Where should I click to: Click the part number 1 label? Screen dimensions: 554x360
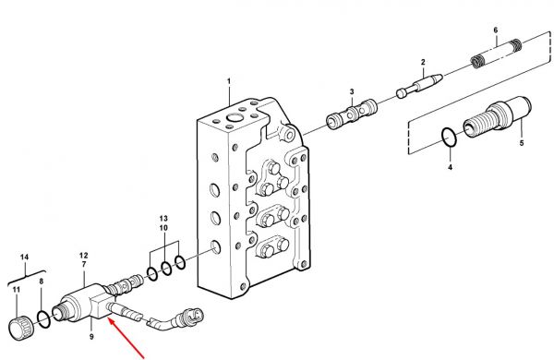coord(229,81)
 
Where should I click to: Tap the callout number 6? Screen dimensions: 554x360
coord(496,30)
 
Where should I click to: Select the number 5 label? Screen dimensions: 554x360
coord(522,143)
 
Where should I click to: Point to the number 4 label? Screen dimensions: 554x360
coord(451,167)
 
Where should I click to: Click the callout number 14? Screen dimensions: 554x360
coord(24,258)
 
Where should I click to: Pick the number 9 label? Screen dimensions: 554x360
coord(91,337)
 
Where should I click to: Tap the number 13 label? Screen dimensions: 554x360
coord(163,219)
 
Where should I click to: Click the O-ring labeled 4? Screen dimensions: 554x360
coord(449,137)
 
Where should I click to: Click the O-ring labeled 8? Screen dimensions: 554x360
coord(44,319)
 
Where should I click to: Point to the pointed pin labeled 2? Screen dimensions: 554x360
coord(419,84)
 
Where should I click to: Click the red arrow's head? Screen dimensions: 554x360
coord(111,321)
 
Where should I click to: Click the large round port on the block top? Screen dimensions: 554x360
coord(234,117)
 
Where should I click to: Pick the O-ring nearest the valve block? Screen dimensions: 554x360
coord(180,262)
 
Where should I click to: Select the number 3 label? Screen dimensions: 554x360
coord(352,92)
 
